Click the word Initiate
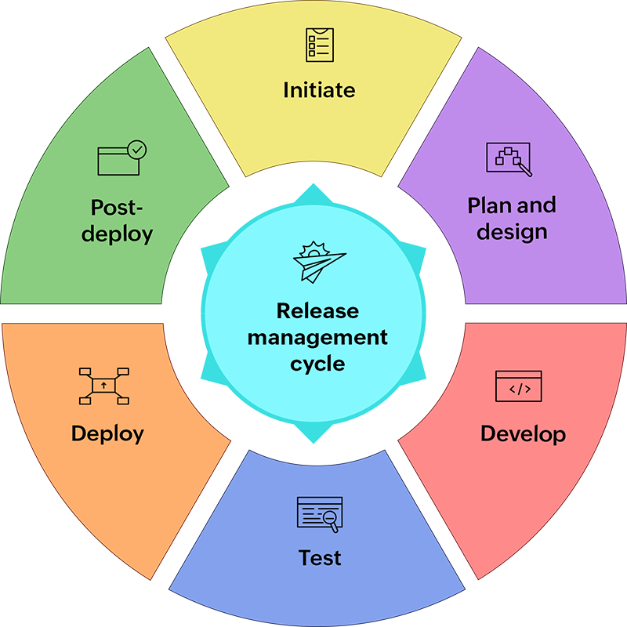(x=319, y=89)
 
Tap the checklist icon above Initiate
(x=319, y=45)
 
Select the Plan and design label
(x=511, y=218)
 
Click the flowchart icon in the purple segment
(x=509, y=158)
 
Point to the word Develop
(x=523, y=433)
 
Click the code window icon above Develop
(x=518, y=386)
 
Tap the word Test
(x=320, y=558)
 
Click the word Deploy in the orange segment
(x=107, y=433)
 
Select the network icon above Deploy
(x=103, y=386)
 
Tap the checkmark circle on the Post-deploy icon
(x=137, y=148)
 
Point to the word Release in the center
(x=317, y=311)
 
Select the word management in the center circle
(x=317, y=338)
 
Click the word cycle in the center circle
(x=317, y=364)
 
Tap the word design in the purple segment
(x=511, y=232)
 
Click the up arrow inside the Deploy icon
(x=103, y=386)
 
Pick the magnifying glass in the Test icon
(x=330, y=516)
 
